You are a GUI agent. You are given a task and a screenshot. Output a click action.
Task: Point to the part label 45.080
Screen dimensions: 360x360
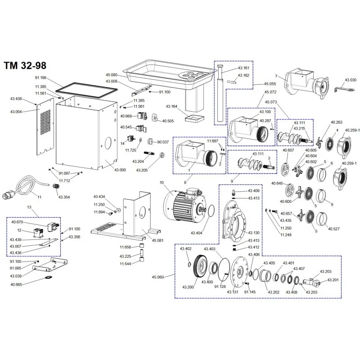pos(111,75)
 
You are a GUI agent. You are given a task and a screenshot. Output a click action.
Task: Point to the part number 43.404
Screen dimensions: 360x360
pos(197,233)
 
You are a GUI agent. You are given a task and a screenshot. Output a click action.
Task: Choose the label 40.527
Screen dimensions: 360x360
pos(333,229)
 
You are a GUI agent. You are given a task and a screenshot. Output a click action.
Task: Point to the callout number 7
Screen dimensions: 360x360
pos(275,76)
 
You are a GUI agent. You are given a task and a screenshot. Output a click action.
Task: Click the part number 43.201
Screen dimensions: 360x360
pos(333,280)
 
